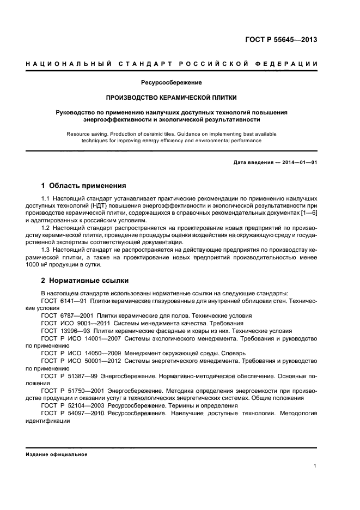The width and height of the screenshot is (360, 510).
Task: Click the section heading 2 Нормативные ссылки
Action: point(85,281)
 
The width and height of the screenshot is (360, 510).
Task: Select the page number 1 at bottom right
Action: point(315,466)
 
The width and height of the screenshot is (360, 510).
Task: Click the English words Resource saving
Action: point(89,133)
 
